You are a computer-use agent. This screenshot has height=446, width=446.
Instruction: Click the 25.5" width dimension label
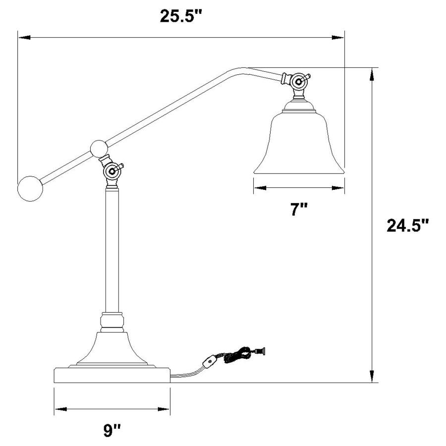pyautogui.click(x=181, y=16)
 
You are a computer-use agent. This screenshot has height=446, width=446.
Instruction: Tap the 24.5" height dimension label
pyautogui.click(x=407, y=226)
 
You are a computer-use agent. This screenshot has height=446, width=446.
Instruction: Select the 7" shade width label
pyautogui.click(x=299, y=210)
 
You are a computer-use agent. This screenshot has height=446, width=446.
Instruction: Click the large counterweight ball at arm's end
pyautogui.click(x=30, y=188)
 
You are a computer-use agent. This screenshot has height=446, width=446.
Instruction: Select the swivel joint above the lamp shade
pyautogui.click(x=298, y=81)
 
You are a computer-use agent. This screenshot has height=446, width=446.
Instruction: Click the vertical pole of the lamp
pyautogui.click(x=112, y=248)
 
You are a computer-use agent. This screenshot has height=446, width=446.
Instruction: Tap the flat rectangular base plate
pyautogui.click(x=111, y=375)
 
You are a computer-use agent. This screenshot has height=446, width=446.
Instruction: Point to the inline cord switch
pyautogui.click(x=211, y=362)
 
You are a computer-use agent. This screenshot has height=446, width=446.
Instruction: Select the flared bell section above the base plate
pyautogui.click(x=111, y=349)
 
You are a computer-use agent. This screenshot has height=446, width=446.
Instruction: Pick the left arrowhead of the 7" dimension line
pyautogui.click(x=257, y=188)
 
